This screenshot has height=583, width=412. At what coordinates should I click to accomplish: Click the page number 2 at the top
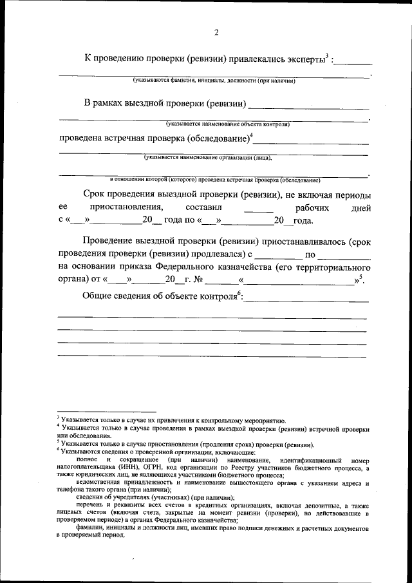point(216,33)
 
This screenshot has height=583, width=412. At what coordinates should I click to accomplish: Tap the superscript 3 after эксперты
point(327,55)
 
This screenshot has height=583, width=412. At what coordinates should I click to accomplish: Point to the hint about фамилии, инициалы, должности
point(214,81)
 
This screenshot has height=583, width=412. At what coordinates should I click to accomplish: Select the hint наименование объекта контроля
point(227,123)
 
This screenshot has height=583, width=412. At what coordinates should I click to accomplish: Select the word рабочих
point(312,208)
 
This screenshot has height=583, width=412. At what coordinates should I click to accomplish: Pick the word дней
point(358,208)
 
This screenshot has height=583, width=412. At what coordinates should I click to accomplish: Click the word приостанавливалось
point(299,241)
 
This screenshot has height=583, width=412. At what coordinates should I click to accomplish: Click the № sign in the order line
point(198,280)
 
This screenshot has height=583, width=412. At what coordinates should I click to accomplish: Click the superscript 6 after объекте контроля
point(239,292)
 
